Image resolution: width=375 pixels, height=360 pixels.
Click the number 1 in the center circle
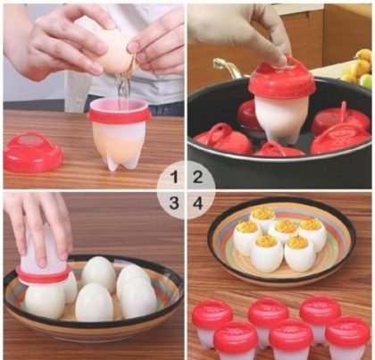[x=176, y=176]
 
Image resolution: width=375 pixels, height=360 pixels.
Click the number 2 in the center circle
[x=198, y=176]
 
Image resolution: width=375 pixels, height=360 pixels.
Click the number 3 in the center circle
[x=176, y=203]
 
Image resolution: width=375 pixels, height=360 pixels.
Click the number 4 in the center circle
[x=198, y=203]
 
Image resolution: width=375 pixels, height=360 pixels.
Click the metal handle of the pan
[x=227, y=69]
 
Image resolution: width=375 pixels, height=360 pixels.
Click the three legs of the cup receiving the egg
[x=119, y=159]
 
